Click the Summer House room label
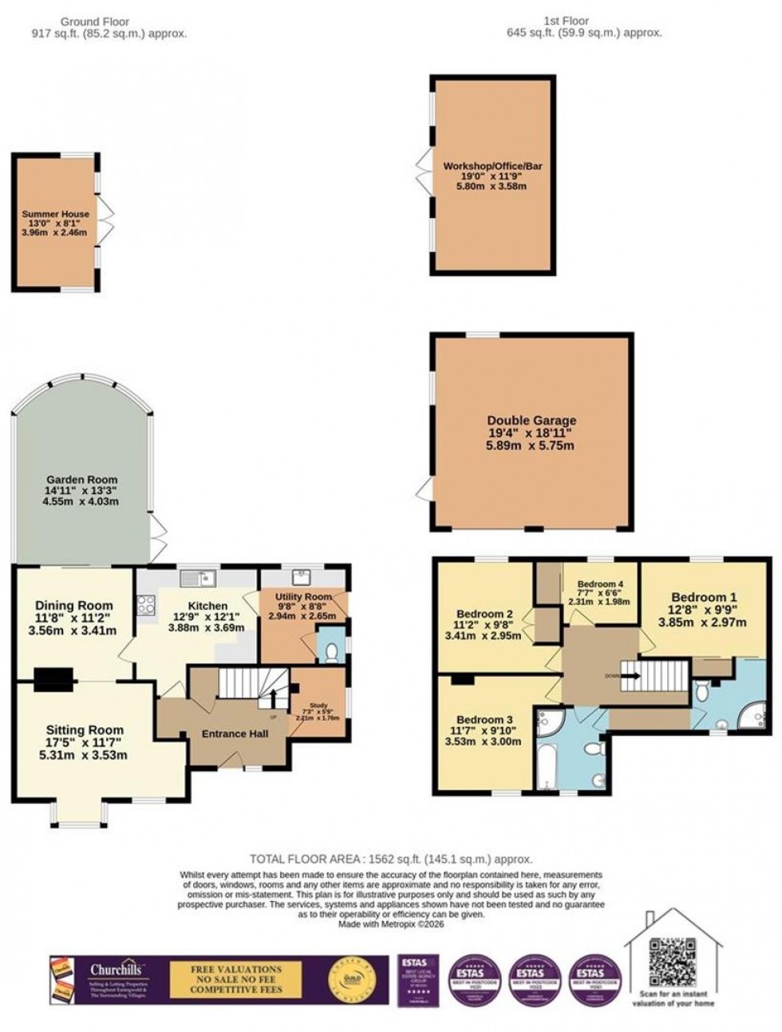pyautogui.click(x=55, y=215)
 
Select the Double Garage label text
pyautogui.click(x=531, y=421)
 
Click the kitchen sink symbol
pyautogui.click(x=197, y=576)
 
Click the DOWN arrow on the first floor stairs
pyautogui.click(x=630, y=675)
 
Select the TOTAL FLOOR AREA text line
pyautogui.click(x=391, y=859)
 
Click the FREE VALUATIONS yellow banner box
pyautogui.click(x=235, y=979)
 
